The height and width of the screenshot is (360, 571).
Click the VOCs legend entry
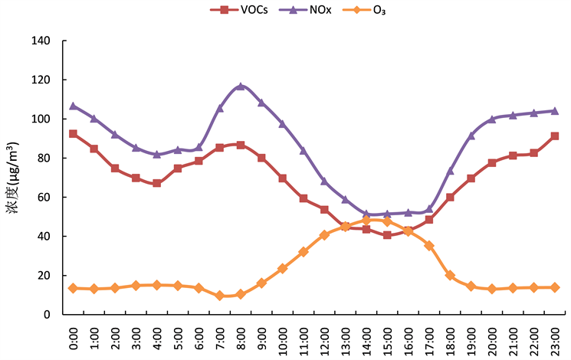[x=244, y=11]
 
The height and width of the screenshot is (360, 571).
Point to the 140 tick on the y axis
[x=43, y=41]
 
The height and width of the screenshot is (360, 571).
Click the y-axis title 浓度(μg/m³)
[x=15, y=178]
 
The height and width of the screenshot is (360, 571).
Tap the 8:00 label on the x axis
[x=241, y=337]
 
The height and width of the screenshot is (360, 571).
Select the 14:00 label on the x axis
[x=366, y=337]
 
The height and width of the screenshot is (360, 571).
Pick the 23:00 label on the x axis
[x=555, y=337]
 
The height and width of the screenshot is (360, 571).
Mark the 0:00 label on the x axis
[x=74, y=337]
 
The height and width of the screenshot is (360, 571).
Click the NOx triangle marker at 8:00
[x=241, y=87]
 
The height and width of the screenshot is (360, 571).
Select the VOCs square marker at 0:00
[x=74, y=133]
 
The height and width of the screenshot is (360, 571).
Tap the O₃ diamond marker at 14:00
[x=366, y=221]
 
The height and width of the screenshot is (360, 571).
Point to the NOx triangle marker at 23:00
[x=555, y=110]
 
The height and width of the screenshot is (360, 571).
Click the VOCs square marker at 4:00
[x=157, y=183]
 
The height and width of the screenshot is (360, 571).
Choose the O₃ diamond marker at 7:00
[x=220, y=296]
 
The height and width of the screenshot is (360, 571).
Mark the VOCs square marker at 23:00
[x=555, y=136]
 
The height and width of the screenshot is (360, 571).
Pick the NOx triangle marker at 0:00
[x=74, y=106]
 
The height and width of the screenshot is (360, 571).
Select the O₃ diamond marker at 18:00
[x=450, y=276]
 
